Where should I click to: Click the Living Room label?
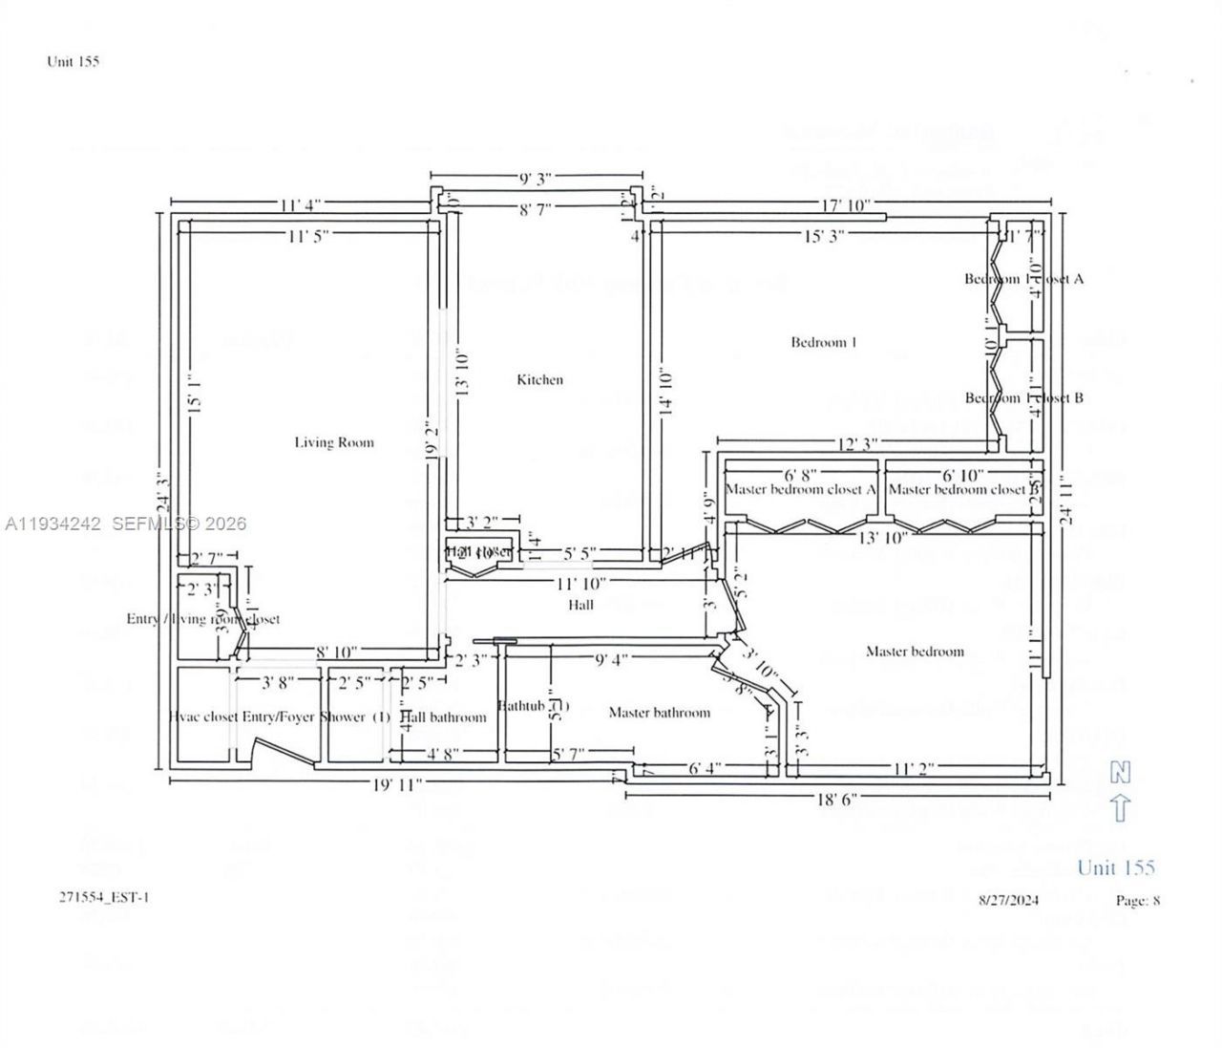click(333, 442)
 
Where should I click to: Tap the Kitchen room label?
click(539, 379)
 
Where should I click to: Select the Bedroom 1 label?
click(824, 342)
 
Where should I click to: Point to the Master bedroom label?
click(915, 652)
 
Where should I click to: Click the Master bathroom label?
click(659, 713)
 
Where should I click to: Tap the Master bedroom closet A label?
click(801, 489)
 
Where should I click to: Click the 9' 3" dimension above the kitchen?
click(536, 179)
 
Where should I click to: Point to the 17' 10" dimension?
click(845, 204)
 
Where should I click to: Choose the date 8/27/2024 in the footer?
click(1009, 900)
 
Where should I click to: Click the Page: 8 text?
click(1138, 900)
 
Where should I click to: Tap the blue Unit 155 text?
click(1115, 867)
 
